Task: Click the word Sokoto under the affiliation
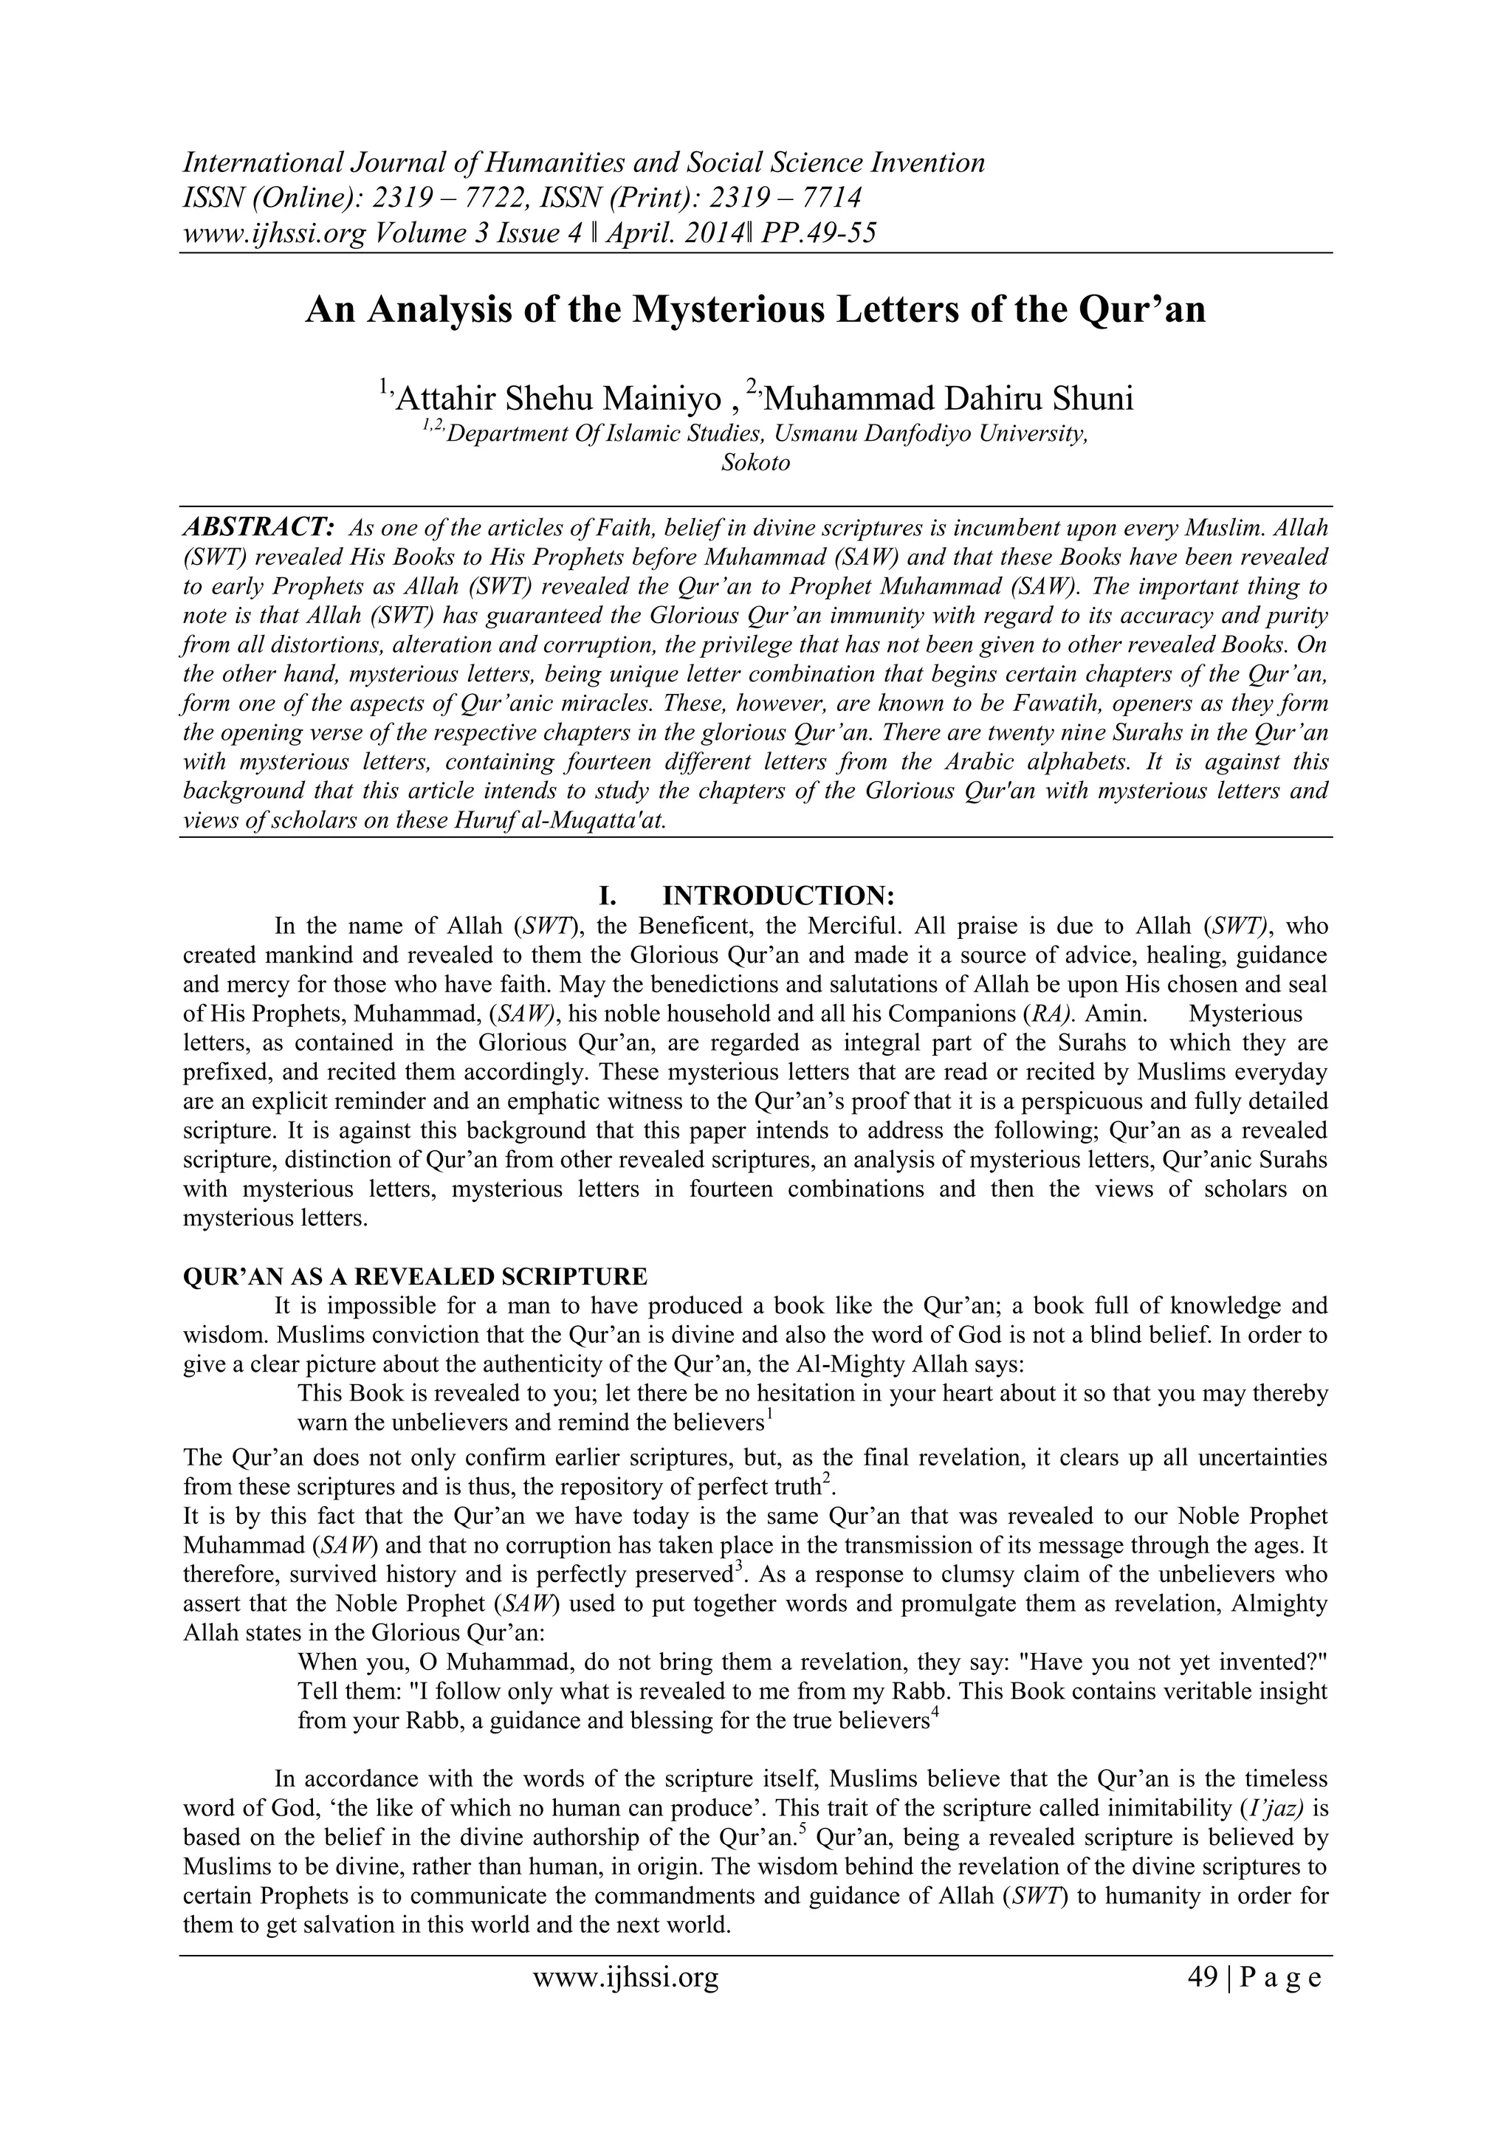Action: coord(755,463)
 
